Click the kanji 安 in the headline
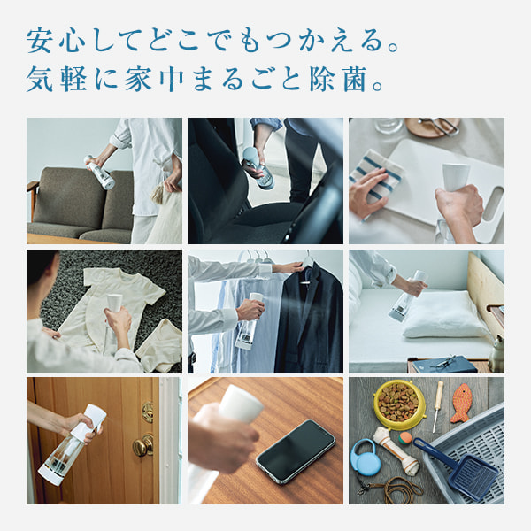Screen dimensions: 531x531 (x=39, y=41)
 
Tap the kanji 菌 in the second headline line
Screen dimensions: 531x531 (x=355, y=80)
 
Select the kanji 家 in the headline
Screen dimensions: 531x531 (x=138, y=80)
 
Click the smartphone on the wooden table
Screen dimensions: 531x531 (x=296, y=451)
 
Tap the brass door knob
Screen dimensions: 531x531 (x=142, y=445)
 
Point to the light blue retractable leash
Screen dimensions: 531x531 (x=364, y=457)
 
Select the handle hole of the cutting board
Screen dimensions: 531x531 (x=493, y=204)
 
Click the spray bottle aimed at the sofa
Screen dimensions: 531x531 (x=100, y=172)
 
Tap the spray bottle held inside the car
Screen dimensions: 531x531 (x=258, y=167)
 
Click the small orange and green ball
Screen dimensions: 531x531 (x=405, y=438)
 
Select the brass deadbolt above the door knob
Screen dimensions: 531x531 (x=147, y=412)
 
